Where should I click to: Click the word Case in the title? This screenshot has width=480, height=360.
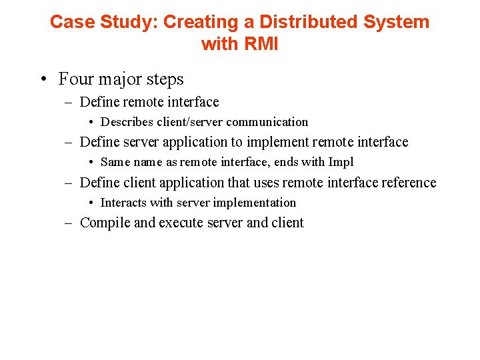click(x=69, y=22)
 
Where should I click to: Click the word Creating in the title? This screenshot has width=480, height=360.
click(x=201, y=22)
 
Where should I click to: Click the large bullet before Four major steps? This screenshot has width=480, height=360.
click(x=43, y=80)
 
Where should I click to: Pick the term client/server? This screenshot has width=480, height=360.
click(x=189, y=122)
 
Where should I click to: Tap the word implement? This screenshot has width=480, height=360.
click(x=277, y=142)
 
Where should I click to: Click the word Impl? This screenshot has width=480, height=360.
click(x=341, y=162)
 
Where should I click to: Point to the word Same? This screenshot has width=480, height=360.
click(x=115, y=162)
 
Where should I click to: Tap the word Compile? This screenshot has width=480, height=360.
click(x=105, y=223)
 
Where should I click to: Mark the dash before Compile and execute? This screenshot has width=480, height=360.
click(x=69, y=223)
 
